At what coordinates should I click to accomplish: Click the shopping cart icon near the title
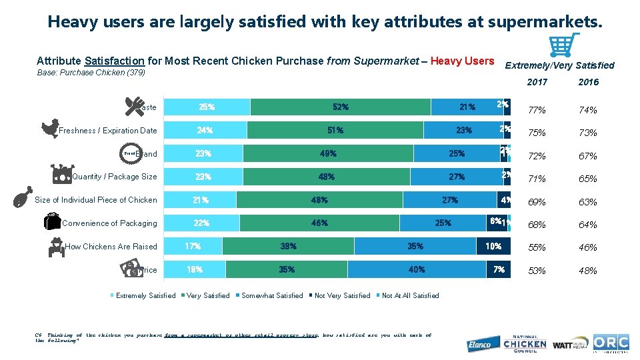[563, 45]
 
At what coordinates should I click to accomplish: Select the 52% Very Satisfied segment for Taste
[341, 107]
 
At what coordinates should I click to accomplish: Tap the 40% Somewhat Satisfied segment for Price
[417, 269]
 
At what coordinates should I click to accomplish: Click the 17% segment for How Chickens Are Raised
[193, 246]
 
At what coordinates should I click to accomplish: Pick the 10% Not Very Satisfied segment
[493, 246]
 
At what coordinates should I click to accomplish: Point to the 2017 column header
[537, 82]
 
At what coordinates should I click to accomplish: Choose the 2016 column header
[588, 82]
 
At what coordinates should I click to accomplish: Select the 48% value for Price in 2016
[588, 271]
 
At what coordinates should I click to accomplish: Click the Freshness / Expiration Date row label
[108, 131]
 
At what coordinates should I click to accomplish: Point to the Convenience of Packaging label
[109, 223]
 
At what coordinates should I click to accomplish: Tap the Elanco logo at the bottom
[479, 344]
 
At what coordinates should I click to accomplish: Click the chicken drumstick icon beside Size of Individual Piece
[23, 198]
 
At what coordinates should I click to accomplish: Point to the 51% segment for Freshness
[335, 130]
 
